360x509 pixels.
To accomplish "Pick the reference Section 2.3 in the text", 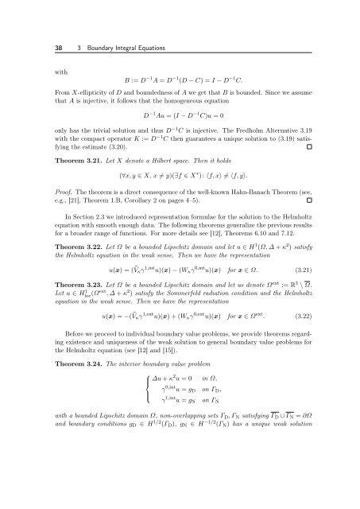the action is (72, 235).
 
